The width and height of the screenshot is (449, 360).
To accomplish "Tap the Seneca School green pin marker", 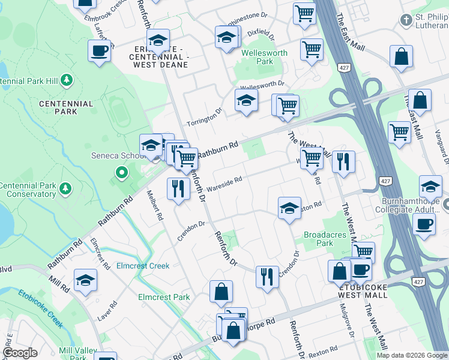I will click(121, 173).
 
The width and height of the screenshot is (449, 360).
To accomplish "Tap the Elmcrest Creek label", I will click(143, 265).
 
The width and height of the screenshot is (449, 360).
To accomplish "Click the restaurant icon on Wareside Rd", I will click(178, 189).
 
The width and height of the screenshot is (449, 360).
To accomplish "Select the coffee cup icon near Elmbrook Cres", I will click(100, 51).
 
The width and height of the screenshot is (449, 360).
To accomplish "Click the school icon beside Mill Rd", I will click(86, 280).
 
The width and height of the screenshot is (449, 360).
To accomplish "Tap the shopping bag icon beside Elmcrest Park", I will click(221, 292).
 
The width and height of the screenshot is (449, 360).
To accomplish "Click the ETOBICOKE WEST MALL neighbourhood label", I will click(367, 291).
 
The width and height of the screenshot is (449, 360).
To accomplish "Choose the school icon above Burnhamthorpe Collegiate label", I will click(430, 187).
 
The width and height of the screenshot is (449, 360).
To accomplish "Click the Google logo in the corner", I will click(20, 353).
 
